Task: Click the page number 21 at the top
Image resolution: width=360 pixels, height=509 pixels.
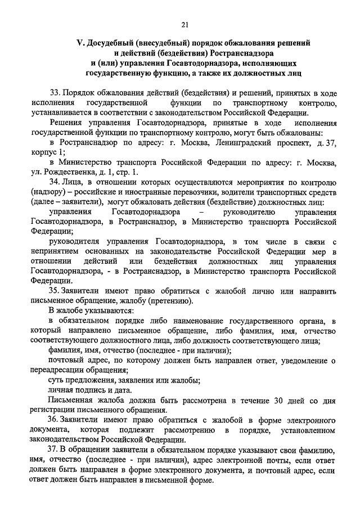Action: point(185,23)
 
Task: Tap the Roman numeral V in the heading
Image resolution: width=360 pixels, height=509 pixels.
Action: point(79,43)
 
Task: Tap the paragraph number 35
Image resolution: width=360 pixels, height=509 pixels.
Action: point(55,291)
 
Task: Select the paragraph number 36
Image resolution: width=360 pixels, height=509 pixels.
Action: point(55,420)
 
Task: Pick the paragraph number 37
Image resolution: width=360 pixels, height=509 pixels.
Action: point(55,451)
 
